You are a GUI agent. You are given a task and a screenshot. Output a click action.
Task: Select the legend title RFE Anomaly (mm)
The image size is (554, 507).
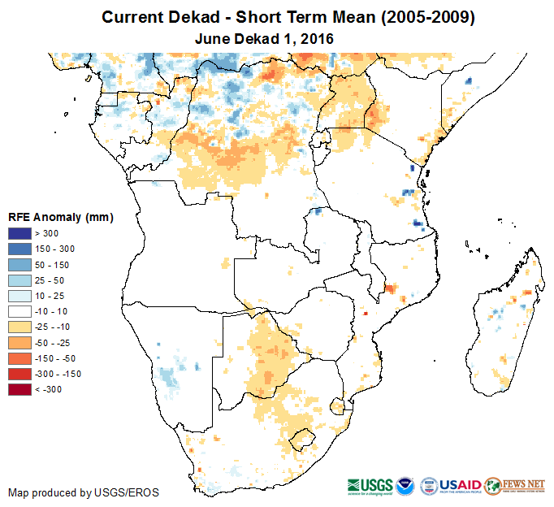(60, 217)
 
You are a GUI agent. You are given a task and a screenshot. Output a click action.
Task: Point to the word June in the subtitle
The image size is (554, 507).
(212, 37)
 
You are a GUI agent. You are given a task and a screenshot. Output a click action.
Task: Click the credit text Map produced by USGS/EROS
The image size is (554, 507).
(84, 492)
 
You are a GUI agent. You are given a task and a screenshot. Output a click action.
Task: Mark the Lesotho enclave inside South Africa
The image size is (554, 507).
(302, 438)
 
